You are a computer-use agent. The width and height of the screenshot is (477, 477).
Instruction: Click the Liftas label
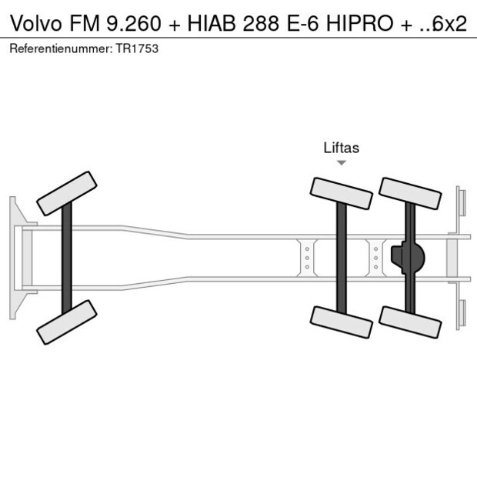click(x=341, y=148)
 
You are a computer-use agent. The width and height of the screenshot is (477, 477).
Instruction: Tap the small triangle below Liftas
click(x=341, y=162)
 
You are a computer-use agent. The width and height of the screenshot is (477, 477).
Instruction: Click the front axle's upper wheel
click(x=67, y=193)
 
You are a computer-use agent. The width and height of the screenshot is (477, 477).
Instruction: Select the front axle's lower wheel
click(x=67, y=321)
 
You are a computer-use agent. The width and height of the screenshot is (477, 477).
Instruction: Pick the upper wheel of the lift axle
click(x=341, y=193)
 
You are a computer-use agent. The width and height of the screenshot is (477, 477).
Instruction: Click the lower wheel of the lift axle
click(x=341, y=321)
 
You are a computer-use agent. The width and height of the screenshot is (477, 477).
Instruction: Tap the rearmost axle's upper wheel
click(x=410, y=193)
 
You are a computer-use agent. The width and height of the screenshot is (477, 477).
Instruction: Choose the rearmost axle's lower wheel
click(x=410, y=321)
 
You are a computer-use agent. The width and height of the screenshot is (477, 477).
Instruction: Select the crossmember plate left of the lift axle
click(x=307, y=257)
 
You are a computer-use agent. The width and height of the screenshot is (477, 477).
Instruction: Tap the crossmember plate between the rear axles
click(x=375, y=257)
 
